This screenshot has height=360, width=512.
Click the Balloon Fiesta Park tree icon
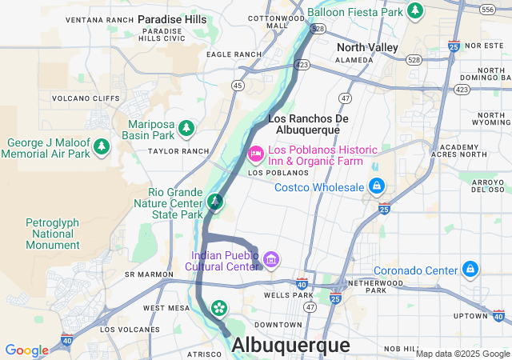tap(414, 10)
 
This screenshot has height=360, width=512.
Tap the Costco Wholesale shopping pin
tap(376, 187)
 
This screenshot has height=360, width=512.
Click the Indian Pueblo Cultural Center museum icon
tap(271, 259)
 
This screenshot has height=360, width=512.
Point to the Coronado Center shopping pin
tap(471, 269)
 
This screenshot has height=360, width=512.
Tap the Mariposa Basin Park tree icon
tap(186, 128)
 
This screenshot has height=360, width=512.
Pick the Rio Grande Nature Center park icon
tap(214, 202)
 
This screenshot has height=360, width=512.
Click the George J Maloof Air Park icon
tap(101, 146)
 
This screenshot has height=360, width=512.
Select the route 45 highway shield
tap(238, 85)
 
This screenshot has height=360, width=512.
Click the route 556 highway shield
tap(487, 9)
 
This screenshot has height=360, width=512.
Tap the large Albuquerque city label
tap(290, 346)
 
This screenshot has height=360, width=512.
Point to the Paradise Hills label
tap(172, 18)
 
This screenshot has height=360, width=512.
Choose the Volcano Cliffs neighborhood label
tap(80, 98)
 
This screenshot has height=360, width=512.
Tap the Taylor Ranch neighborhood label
tap(178, 150)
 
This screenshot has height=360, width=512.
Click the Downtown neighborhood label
tap(278, 325)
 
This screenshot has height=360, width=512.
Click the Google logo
tap(26, 350)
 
